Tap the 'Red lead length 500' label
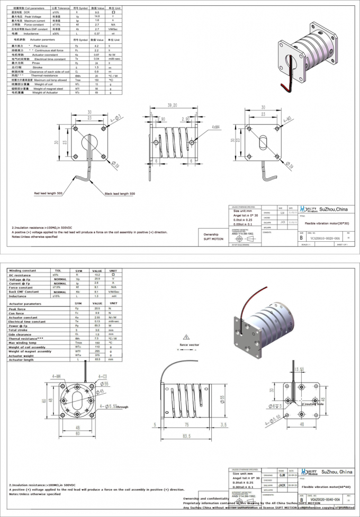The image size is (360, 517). coord(49,194)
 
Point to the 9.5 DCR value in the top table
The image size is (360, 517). coord(96,12)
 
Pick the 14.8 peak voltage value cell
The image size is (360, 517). coord(96,16)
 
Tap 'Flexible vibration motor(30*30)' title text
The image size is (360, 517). coord(329,223)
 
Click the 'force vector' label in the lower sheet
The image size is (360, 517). coord(188,344)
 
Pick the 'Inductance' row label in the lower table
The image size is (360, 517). coord(17,296)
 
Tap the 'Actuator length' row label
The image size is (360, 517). coord(21,360)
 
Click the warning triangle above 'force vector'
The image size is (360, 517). coord(186,337)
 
